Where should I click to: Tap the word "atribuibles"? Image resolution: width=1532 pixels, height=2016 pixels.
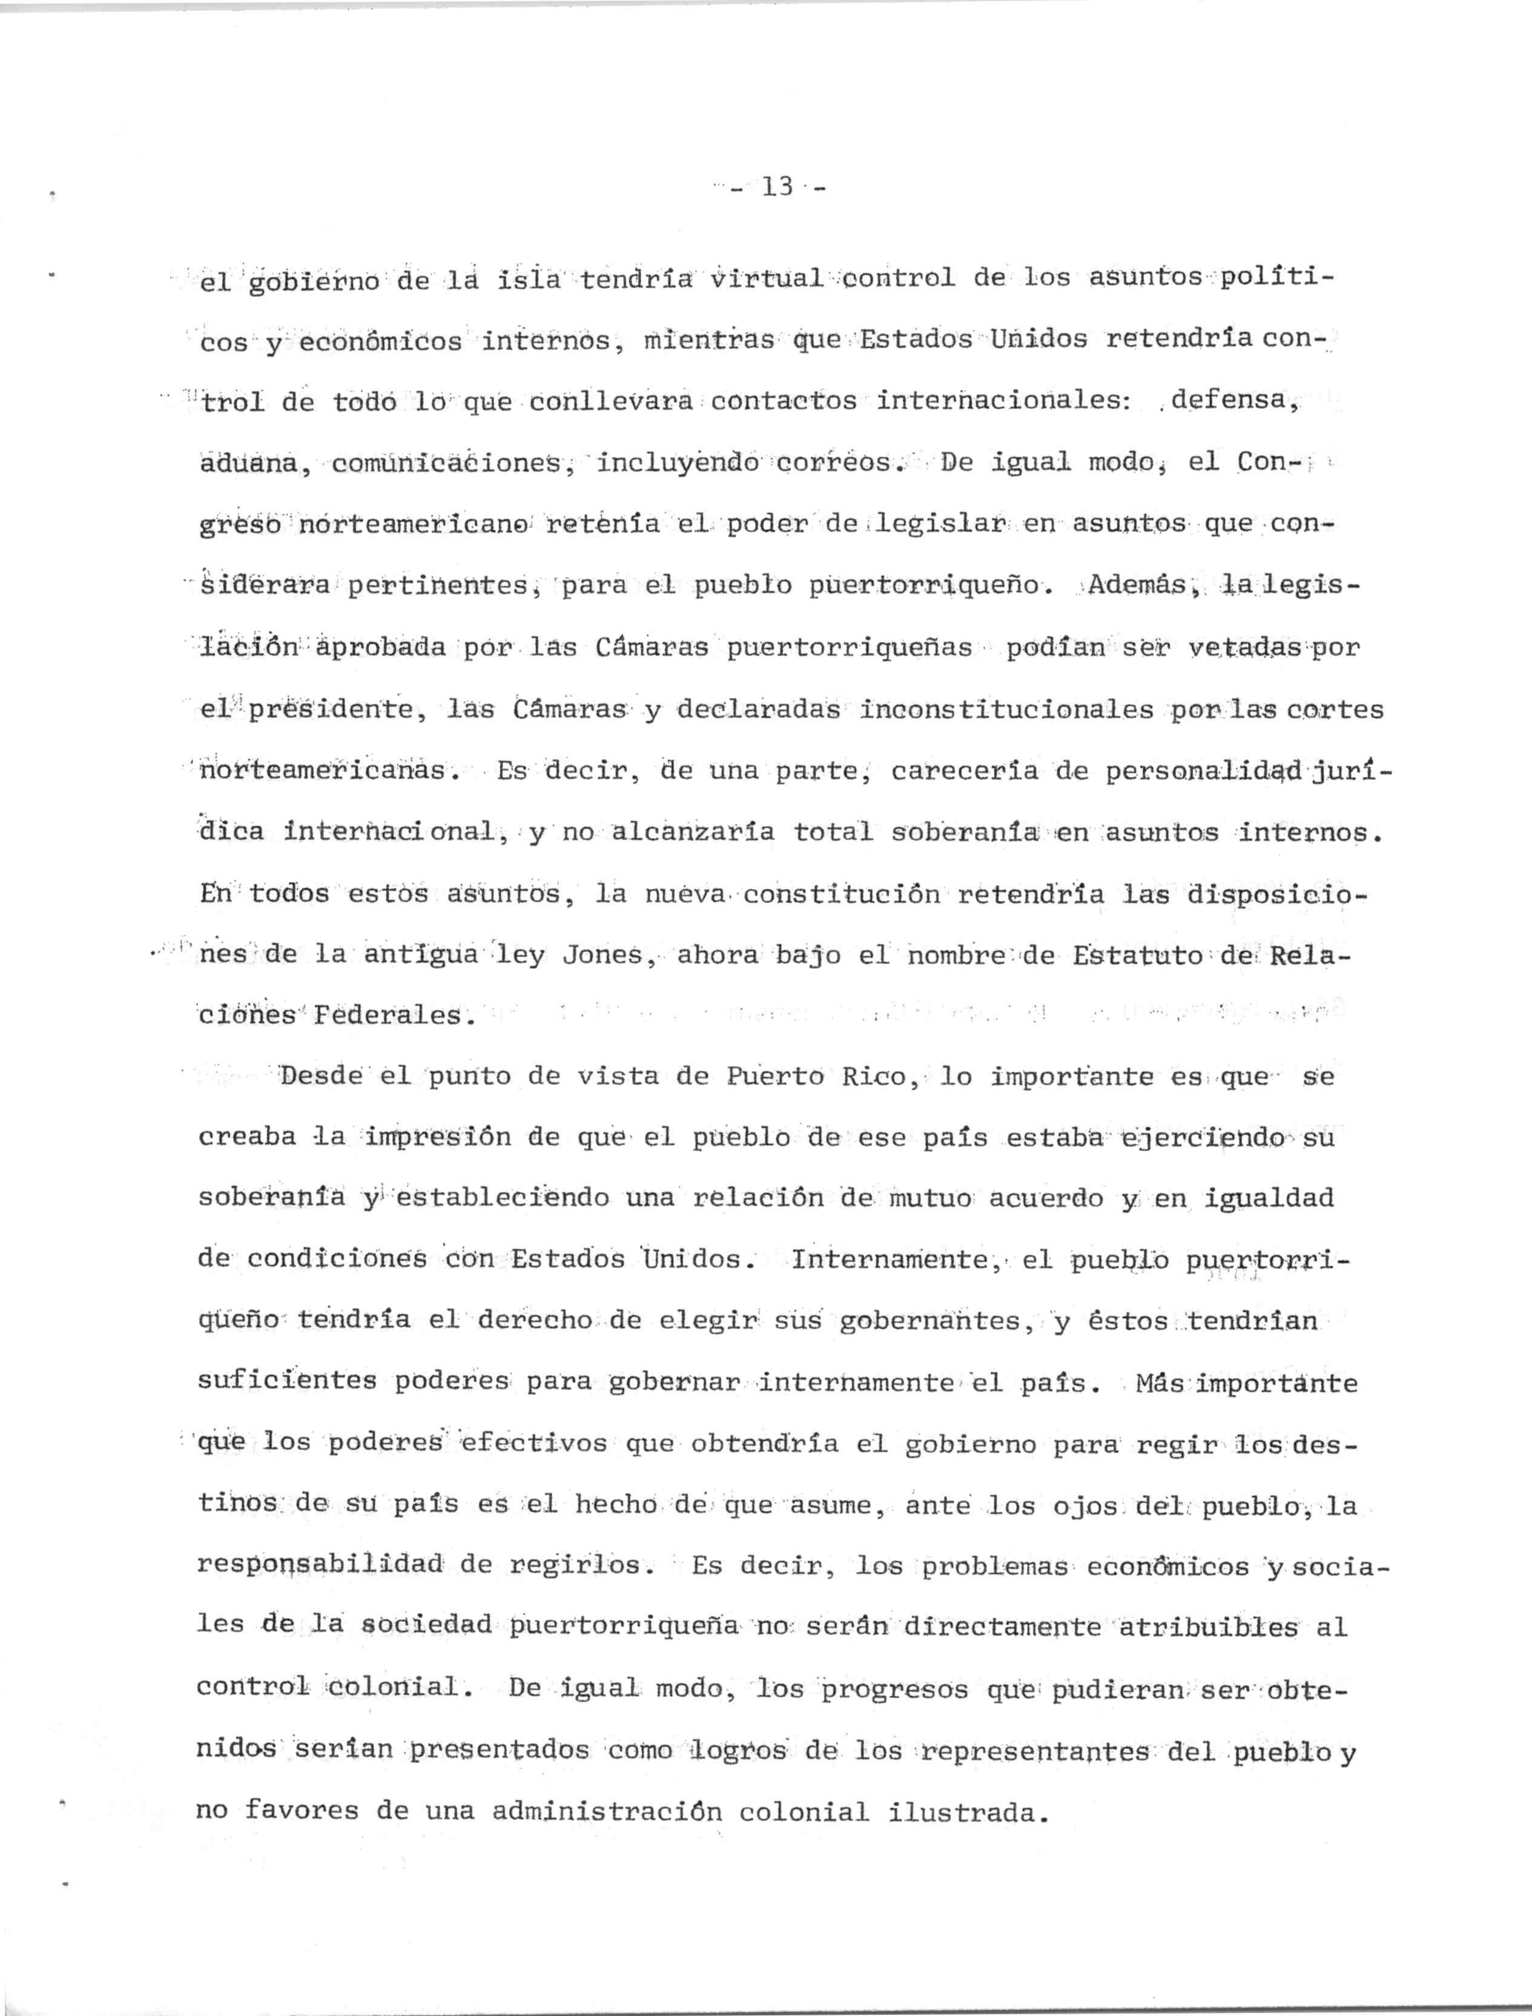1206,1627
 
